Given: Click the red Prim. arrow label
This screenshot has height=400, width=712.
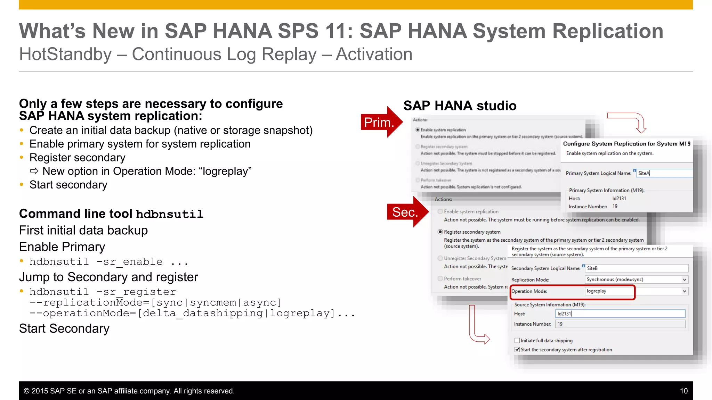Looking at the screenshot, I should click(x=379, y=122).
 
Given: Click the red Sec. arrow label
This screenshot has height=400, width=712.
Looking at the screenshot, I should click(x=405, y=212).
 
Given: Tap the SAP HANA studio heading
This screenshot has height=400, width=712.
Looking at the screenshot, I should click(x=460, y=106).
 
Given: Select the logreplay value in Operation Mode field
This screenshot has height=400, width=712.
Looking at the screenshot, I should click(x=596, y=291).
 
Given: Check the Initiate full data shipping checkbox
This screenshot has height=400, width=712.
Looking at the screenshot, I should click(x=517, y=341).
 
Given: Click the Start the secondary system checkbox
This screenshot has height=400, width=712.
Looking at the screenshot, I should click(x=517, y=350).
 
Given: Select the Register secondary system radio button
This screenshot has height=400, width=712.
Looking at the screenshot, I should click(x=440, y=232).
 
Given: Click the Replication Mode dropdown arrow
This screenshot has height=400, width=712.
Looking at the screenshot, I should click(x=684, y=280).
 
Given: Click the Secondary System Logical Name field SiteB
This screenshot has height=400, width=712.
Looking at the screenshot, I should click(x=636, y=268).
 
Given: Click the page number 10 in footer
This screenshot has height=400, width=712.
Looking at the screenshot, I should click(x=683, y=391).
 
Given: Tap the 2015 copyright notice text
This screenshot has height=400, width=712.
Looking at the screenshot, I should click(x=129, y=391).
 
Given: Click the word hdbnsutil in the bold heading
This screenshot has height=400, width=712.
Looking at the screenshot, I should click(x=169, y=214).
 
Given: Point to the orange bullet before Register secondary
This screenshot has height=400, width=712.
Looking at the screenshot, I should click(x=22, y=158).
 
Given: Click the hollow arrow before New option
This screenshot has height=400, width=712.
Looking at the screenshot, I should click(x=34, y=171).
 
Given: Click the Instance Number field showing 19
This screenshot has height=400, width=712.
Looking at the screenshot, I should click(x=620, y=324).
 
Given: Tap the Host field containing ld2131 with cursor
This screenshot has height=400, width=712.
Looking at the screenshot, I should click(x=620, y=314).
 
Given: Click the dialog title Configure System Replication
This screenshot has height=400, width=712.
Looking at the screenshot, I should click(x=626, y=144).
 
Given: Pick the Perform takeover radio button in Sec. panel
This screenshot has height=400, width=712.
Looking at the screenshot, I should click(x=440, y=278).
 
